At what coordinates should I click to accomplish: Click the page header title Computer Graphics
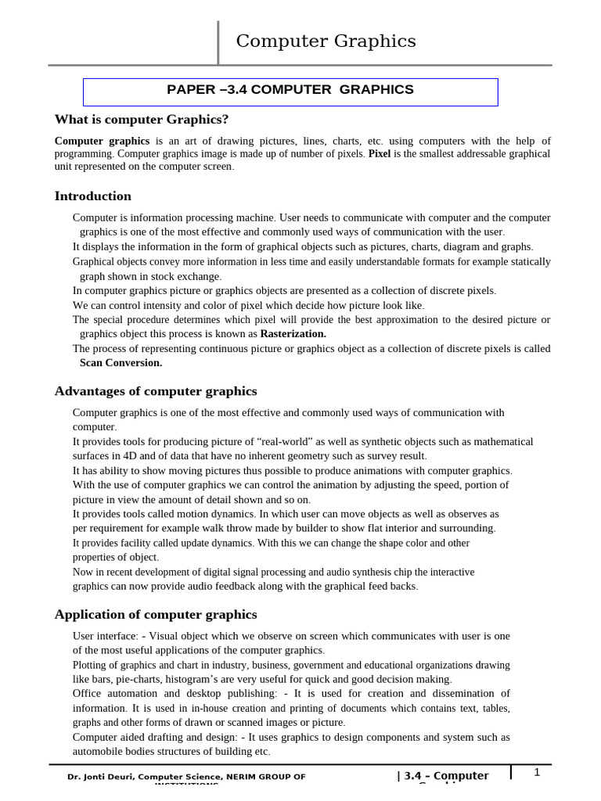click(x=326, y=41)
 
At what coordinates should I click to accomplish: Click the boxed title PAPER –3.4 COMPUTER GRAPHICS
click(x=290, y=90)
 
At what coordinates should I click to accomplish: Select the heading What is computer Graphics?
click(x=142, y=120)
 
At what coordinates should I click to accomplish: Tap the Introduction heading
click(x=92, y=196)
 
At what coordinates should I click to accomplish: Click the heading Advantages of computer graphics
click(x=155, y=391)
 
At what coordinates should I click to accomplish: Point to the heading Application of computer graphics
click(x=155, y=615)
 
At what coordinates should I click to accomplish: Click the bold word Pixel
click(x=380, y=154)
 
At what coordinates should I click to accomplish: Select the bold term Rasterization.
click(x=293, y=334)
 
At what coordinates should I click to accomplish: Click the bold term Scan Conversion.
click(x=121, y=363)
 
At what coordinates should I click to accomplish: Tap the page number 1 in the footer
click(x=537, y=773)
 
